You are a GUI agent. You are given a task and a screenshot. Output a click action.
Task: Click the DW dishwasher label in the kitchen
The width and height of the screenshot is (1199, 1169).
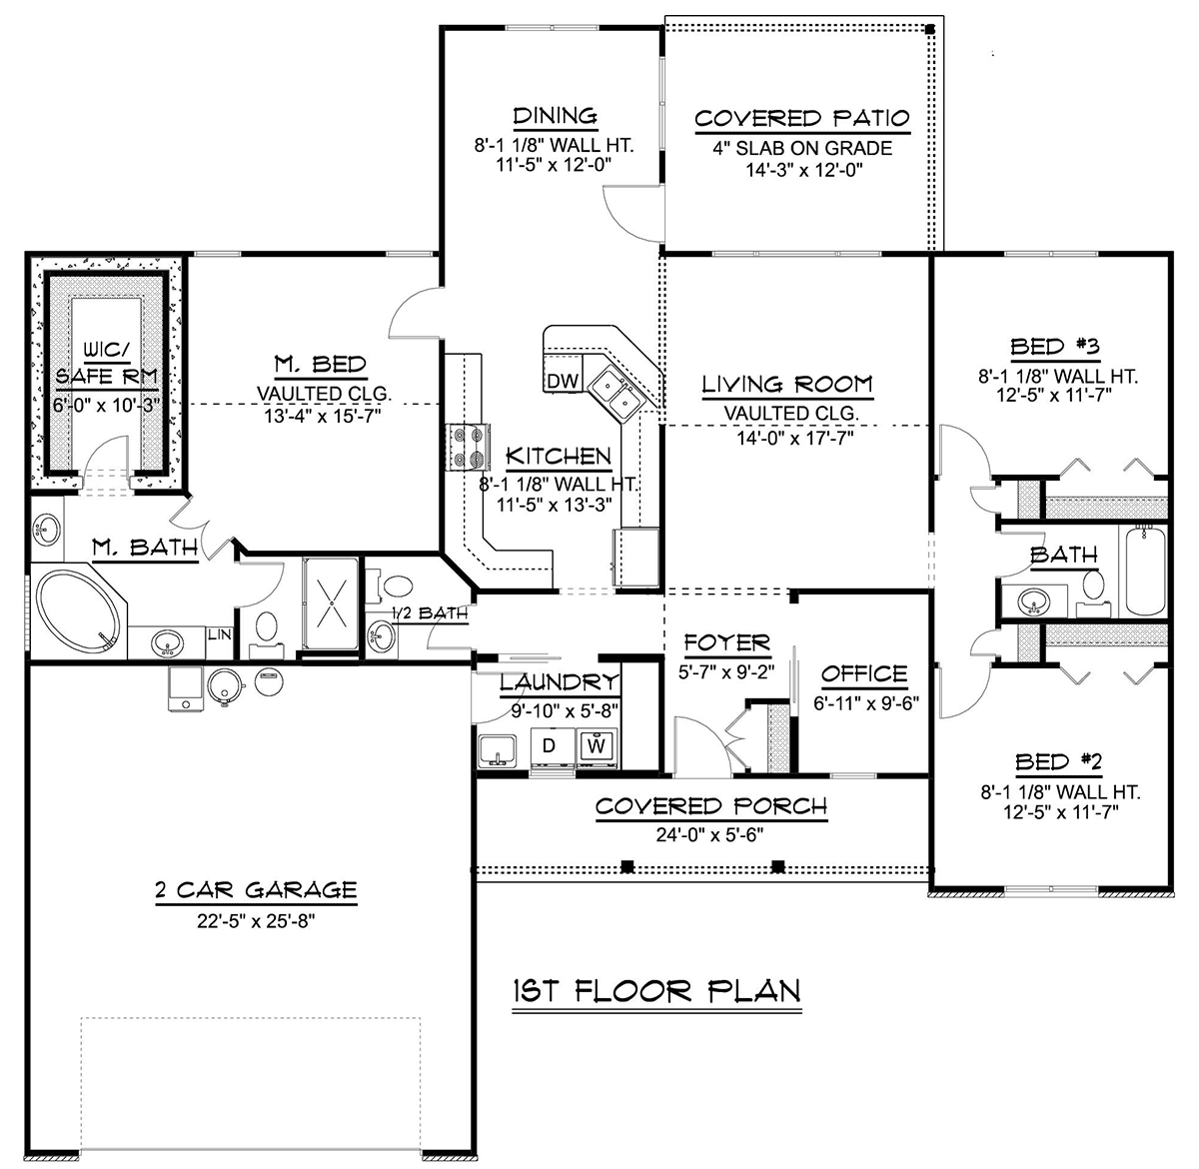(x=563, y=382)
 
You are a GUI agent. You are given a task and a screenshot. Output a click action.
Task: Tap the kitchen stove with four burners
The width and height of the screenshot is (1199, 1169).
(x=469, y=448)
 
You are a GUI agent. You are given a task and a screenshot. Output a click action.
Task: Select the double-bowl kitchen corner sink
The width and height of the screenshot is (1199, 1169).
(x=616, y=394)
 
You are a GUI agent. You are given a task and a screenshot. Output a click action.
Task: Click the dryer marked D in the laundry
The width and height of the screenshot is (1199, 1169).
(x=553, y=747)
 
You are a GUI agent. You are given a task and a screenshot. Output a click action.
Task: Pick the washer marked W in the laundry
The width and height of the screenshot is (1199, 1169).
(x=597, y=747)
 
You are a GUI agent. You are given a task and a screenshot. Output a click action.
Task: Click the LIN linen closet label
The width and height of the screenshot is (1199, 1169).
(x=220, y=634)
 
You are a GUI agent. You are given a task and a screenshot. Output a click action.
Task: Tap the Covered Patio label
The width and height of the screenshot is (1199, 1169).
(x=802, y=118)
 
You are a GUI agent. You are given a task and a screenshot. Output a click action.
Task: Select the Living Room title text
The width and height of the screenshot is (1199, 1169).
(x=787, y=385)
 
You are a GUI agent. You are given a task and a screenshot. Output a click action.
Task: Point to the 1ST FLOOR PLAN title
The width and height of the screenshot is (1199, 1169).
(x=656, y=991)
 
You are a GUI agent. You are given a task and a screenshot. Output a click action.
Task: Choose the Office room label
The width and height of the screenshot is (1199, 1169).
(x=864, y=673)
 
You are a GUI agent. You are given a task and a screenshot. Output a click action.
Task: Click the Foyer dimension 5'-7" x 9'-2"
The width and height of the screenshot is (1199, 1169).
(x=726, y=671)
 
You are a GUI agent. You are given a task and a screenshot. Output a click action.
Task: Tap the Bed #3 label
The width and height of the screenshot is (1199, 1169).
(x=1055, y=347)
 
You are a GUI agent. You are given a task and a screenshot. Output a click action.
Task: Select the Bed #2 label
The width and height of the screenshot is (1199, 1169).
(x=1058, y=762)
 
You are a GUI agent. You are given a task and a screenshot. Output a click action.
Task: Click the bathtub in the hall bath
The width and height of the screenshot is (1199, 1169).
(x=1146, y=571)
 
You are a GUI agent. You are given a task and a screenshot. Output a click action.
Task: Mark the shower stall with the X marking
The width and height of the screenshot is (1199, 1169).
(x=331, y=603)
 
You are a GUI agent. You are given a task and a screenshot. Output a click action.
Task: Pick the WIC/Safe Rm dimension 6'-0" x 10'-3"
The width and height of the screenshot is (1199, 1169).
(x=107, y=405)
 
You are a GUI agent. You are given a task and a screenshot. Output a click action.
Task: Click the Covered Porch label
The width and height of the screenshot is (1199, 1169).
(x=711, y=806)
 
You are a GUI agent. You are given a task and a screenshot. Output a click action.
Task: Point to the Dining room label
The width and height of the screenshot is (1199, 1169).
(x=556, y=116)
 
